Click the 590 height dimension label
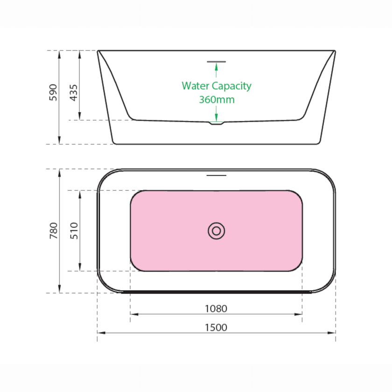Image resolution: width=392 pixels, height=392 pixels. pyautogui.click(x=53, y=92)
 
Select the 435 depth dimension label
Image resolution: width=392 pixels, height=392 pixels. pyautogui.click(x=74, y=92)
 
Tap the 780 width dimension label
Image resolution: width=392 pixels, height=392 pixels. pyautogui.click(x=54, y=231)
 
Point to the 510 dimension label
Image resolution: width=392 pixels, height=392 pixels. pyautogui.click(x=74, y=231)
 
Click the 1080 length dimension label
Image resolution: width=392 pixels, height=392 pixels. pyautogui.click(x=216, y=309)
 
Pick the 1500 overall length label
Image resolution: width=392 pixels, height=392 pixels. pyautogui.click(x=216, y=328)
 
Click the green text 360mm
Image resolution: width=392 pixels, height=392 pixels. pyautogui.click(x=217, y=99)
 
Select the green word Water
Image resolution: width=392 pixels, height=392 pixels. pyautogui.click(x=196, y=86)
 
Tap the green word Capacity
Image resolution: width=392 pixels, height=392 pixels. pyautogui.click(x=231, y=86)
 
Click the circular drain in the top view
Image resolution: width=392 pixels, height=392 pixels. pyautogui.click(x=217, y=231)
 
